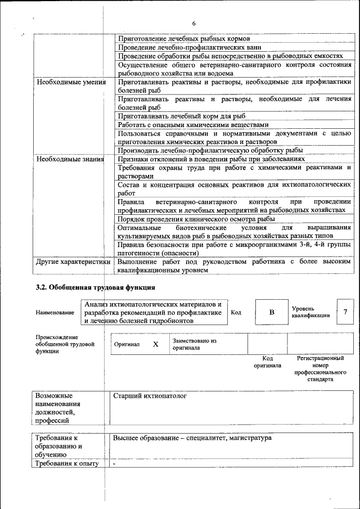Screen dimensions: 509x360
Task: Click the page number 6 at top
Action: pos(193,24)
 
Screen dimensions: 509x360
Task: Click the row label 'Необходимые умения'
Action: pos(71,82)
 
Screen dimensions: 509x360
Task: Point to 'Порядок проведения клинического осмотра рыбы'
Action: pos(196,219)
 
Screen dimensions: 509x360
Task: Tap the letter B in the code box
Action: pos(272,313)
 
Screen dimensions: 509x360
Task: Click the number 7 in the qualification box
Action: pos(345,312)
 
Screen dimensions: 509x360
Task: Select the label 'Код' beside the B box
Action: pos(236,313)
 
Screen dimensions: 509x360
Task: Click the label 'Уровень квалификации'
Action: pos(310,313)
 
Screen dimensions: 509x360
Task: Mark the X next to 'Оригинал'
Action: pos(155,344)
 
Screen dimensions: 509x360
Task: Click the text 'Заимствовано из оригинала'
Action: pos(195,344)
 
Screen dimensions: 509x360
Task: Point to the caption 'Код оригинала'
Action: pos(267,362)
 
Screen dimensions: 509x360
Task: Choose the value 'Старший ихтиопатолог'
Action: pos(150,396)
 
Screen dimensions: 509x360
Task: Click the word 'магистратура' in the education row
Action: pos(250,438)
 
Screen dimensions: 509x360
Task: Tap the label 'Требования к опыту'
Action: pos(66,464)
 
